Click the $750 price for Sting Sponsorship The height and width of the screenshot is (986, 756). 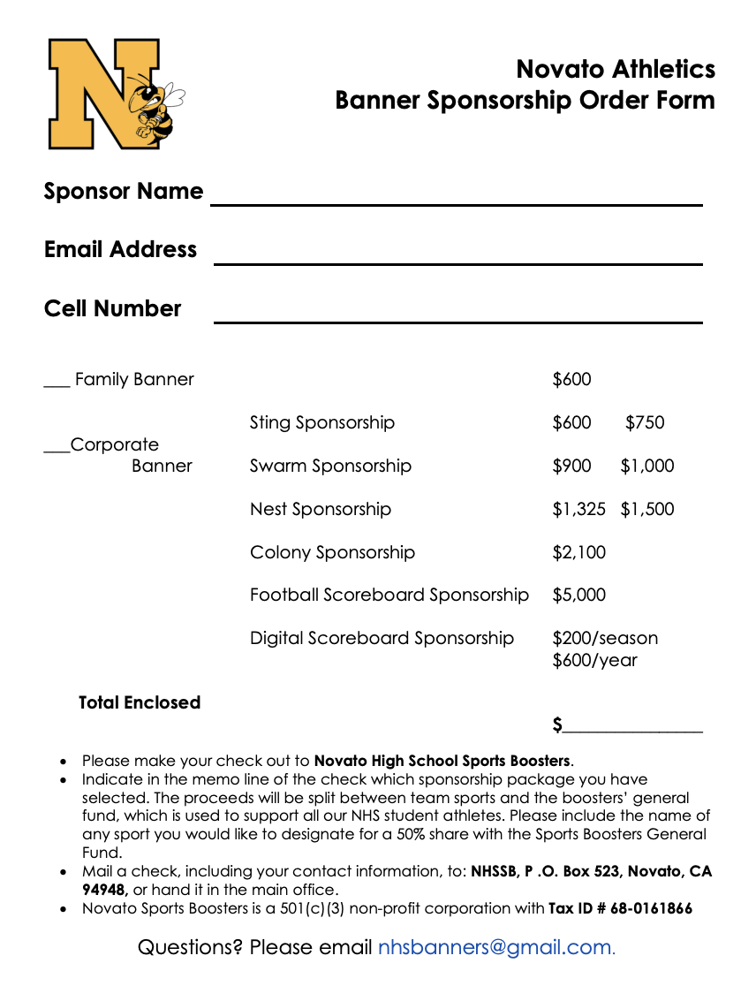645,422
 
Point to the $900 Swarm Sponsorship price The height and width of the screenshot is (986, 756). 571,466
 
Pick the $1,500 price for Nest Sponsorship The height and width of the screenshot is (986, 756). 646,509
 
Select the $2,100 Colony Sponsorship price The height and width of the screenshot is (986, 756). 578,552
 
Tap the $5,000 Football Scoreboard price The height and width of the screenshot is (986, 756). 578,595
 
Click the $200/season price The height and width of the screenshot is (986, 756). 605,638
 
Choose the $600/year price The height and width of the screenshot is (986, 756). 594,660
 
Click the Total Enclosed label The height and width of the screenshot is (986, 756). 140,702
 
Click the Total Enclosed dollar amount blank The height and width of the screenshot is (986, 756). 632,729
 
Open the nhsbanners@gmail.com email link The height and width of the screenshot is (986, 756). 495,948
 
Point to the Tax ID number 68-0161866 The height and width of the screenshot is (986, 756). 651,908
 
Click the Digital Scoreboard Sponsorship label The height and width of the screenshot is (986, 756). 382,638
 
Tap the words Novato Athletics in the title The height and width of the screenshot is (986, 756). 616,69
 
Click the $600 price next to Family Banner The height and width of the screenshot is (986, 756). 571,379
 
